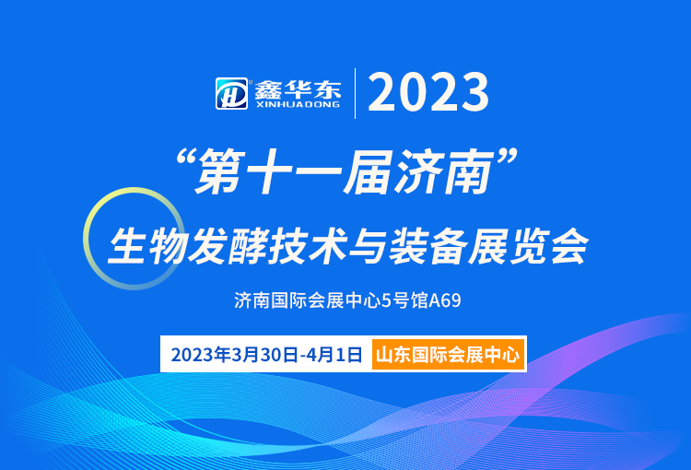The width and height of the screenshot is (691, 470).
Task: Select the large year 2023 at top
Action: point(428,92)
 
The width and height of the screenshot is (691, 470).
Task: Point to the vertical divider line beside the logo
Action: point(356,93)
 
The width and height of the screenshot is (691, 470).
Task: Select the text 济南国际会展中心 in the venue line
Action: point(308,300)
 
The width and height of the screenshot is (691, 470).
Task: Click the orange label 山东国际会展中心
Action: point(448,355)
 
